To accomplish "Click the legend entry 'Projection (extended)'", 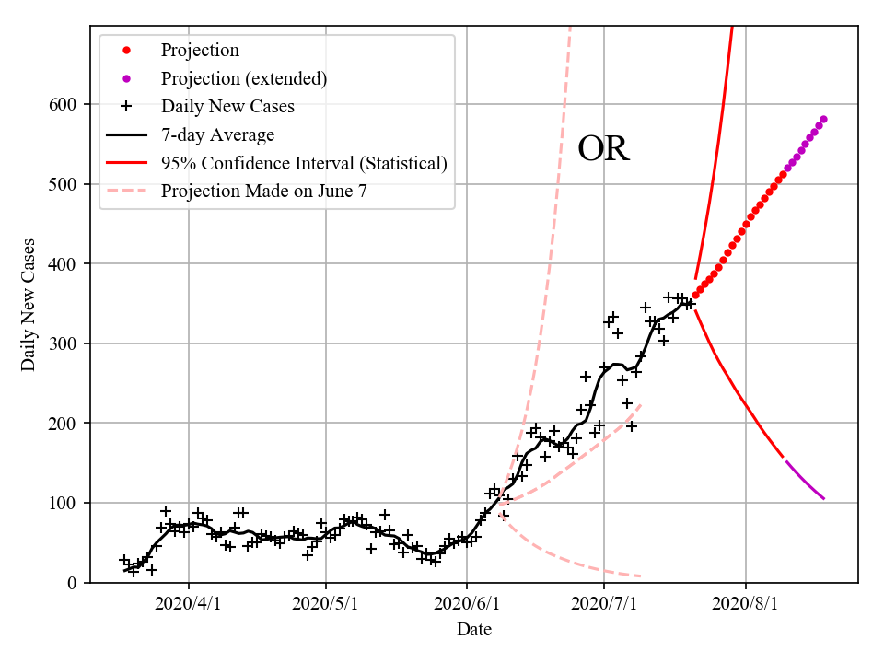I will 243,78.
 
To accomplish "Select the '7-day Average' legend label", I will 217,135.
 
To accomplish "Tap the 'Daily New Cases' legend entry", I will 227,107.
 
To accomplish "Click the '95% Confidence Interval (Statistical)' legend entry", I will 304,163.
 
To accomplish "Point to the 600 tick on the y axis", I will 64,104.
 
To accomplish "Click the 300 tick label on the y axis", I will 64,343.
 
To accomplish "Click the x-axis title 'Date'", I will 473,630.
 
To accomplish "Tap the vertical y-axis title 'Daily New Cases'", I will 29,304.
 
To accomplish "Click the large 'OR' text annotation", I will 603,149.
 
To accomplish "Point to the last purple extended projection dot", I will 823,119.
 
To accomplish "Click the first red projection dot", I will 695,296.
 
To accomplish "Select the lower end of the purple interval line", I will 824,499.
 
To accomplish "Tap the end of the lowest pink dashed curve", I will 640,576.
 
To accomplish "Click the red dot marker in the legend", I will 127,50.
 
